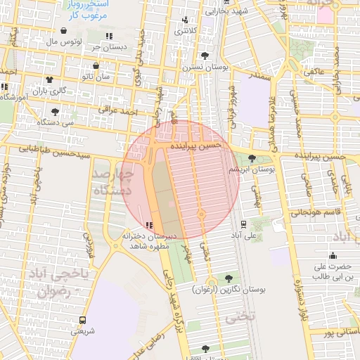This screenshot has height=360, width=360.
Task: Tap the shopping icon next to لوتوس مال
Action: [65, 31]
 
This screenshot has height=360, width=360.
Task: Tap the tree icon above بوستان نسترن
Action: [205, 56]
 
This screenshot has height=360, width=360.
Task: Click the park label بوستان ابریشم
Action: [252, 169]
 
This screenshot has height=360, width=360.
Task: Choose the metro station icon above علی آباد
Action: [243, 224]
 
